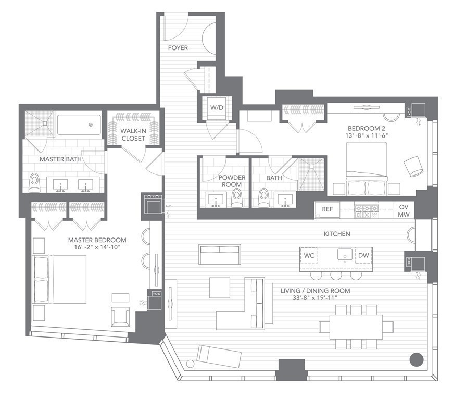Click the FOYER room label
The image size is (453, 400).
[x=178, y=48]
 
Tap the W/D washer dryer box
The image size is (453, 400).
[x=217, y=108]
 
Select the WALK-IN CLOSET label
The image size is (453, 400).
[x=133, y=134]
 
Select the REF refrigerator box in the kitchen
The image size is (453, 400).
[x=327, y=209]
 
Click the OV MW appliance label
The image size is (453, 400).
[x=404, y=210]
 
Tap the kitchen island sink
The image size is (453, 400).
[x=344, y=255]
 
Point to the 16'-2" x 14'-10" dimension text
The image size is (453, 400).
[x=97, y=247]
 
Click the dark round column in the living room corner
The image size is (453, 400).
[x=416, y=359]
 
